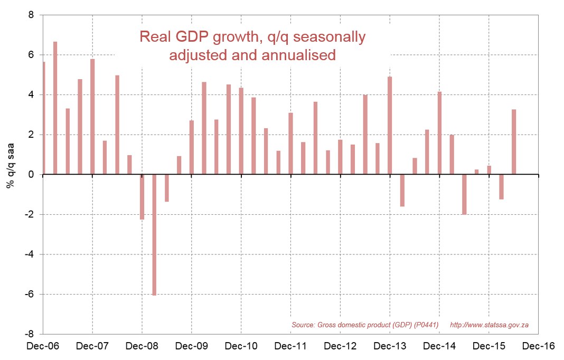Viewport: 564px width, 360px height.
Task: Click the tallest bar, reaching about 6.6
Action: pos(55,108)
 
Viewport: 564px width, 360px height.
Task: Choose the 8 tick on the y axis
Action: pos(31,15)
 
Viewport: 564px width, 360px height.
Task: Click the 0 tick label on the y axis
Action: pos(31,175)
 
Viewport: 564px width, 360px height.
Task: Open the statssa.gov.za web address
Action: pos(490,325)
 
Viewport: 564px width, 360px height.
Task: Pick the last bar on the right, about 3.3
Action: pos(514,142)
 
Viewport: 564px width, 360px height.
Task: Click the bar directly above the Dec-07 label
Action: pos(92,117)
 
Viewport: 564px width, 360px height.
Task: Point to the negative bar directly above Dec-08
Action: pos(142,196)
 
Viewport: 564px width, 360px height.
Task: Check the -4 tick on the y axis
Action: pos(30,254)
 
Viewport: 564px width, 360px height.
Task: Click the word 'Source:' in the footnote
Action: pos(304,325)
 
